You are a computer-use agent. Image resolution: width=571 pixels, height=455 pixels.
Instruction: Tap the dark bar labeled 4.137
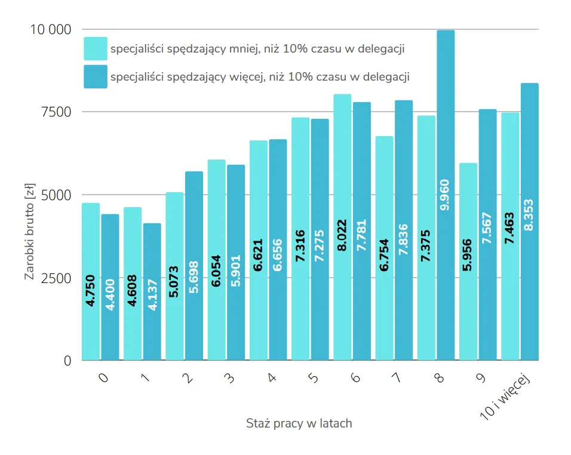tap(152, 292)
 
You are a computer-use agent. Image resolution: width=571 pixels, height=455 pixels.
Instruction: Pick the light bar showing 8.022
tap(342, 227)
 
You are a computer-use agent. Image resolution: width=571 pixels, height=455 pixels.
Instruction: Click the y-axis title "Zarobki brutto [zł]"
tap(29, 232)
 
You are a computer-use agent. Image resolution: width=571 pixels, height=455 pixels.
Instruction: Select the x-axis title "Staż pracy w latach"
tap(299, 423)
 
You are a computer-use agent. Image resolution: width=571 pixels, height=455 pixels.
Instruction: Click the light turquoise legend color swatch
tap(96, 49)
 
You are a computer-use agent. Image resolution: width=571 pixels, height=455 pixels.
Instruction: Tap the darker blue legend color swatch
tap(96, 77)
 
